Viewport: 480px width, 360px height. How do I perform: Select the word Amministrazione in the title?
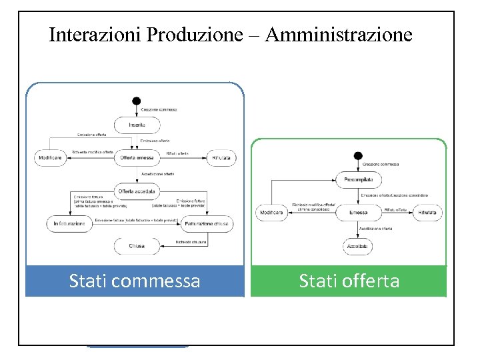click(x=339, y=35)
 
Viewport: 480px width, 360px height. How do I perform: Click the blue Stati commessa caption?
click(x=135, y=281)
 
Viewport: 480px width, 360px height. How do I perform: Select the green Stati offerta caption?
click(x=349, y=281)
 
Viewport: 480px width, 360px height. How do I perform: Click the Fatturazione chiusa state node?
click(x=207, y=224)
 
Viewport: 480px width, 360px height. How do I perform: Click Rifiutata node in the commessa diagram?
click(x=221, y=158)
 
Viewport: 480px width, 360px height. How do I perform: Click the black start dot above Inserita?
click(x=136, y=101)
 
